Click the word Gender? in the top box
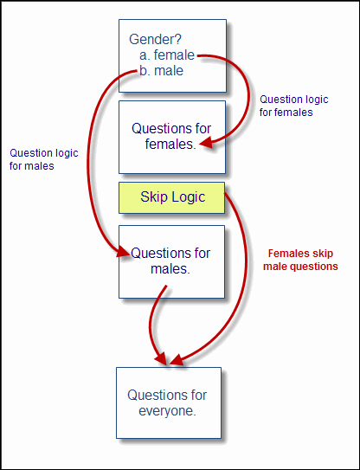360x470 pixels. point(155,40)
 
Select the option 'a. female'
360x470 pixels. point(167,55)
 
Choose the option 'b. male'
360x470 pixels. point(161,71)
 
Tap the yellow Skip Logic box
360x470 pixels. point(171,197)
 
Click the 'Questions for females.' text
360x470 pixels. point(171,137)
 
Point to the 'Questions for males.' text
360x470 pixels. point(170,261)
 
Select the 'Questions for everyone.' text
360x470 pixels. point(167,402)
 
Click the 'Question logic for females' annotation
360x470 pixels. point(293,106)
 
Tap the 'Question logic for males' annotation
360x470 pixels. point(44,159)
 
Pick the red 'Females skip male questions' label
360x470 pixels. point(300,260)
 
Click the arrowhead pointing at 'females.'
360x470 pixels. point(206,144)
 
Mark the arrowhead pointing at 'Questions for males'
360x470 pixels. point(124,251)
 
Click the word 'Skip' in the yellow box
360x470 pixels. point(154,197)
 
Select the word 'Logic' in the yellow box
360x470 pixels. point(189,197)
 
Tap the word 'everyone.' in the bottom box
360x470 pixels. point(167,411)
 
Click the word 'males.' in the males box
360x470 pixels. point(170,269)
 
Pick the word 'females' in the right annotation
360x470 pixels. point(293,113)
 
